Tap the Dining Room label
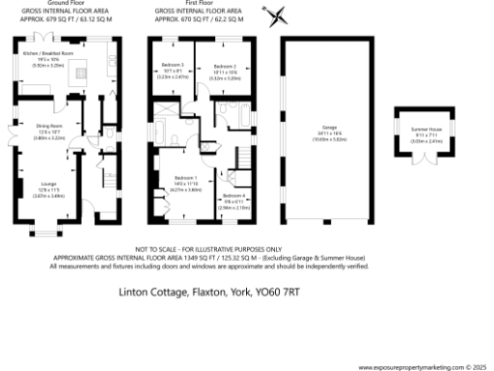(x=49, y=126)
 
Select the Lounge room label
(x=49, y=184)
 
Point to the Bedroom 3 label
(x=175, y=65)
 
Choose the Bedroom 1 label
(x=184, y=178)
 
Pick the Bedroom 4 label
(x=234, y=196)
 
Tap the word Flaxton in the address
(x=213, y=289)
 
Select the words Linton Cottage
(x=152, y=289)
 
